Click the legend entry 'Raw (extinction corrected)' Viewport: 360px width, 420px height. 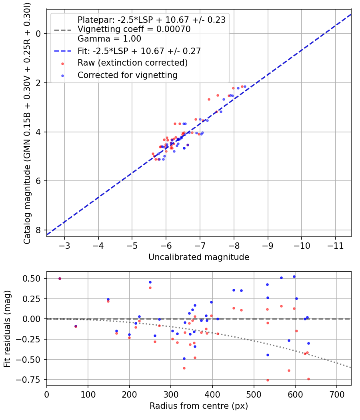tap(132, 63)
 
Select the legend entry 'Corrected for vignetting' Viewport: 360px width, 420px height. tap(128, 75)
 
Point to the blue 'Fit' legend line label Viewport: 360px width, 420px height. tap(139, 51)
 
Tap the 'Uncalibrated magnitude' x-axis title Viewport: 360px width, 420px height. tap(199, 257)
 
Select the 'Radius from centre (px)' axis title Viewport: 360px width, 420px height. tap(199, 406)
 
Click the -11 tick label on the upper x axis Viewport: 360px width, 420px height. tap(335, 245)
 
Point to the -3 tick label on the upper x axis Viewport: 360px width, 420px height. tap(64, 245)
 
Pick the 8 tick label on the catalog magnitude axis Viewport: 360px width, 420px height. tap(38, 230)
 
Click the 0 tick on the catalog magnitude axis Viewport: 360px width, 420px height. tap(38, 34)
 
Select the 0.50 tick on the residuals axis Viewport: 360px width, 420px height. tap(33, 278)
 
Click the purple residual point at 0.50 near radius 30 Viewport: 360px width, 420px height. tap(60, 278)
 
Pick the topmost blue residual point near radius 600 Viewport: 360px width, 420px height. tap(294, 276)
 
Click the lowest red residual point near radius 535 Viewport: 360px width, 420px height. tap(268, 380)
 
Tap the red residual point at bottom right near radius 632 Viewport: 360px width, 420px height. tap(308, 379)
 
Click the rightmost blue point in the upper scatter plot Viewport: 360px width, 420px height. tap(245, 86)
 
